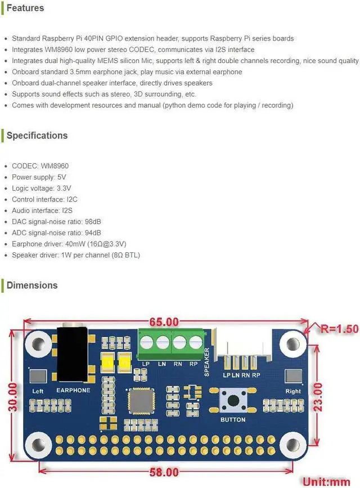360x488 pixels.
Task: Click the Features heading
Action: [x=25, y=8]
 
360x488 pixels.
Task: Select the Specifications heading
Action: [x=37, y=136]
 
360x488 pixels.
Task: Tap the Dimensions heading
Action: [x=31, y=285]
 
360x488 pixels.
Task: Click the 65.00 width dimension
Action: [x=164, y=323]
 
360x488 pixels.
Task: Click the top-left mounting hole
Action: [x=39, y=343]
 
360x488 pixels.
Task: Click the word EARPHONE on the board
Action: [x=73, y=390]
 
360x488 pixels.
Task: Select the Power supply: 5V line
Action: [x=39, y=177]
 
